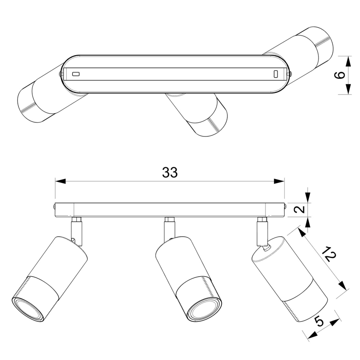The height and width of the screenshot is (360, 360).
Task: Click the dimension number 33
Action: pos(170,173)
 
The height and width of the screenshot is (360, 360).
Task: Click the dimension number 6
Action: pos(339,75)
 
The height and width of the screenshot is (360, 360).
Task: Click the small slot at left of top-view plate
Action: pos(75,74)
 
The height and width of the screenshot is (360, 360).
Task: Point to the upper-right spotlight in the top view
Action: pos(307,46)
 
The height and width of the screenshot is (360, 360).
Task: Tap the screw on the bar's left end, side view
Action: pos(54,206)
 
